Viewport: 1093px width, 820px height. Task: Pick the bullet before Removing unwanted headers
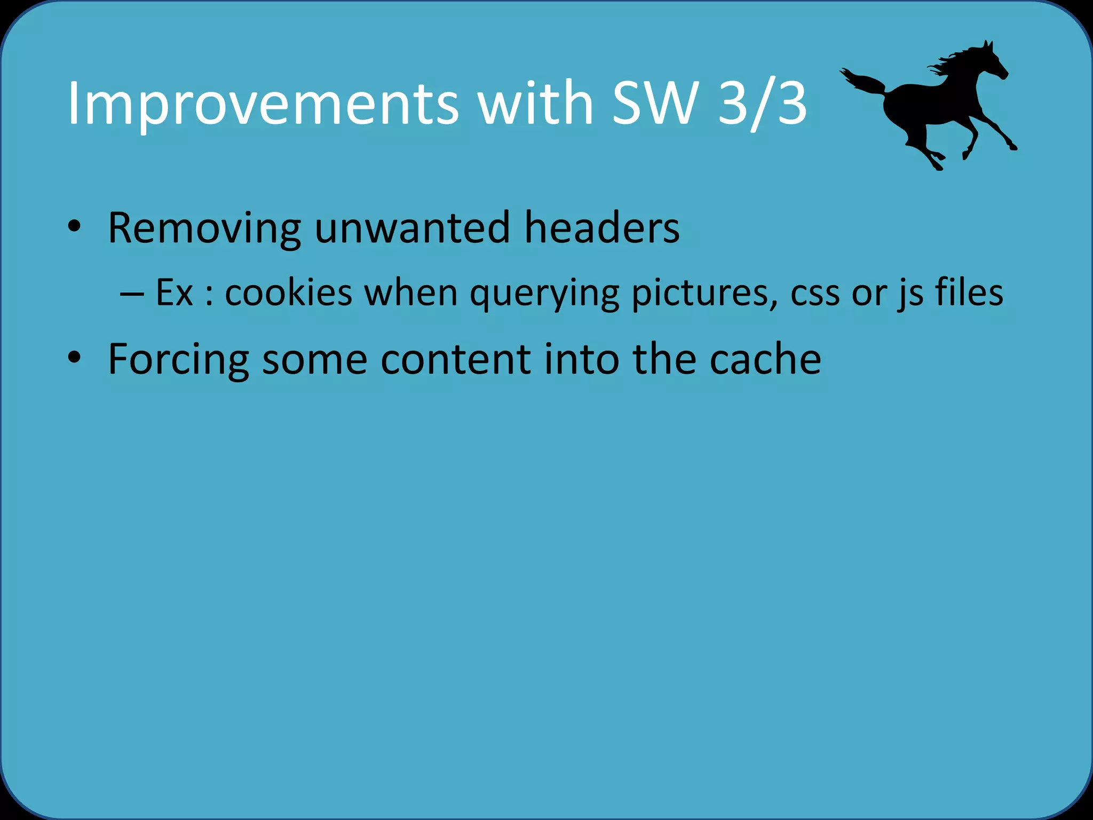point(74,226)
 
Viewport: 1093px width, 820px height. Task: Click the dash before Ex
point(131,294)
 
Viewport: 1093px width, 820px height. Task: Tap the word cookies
point(289,293)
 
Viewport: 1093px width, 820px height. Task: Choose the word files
point(969,293)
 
